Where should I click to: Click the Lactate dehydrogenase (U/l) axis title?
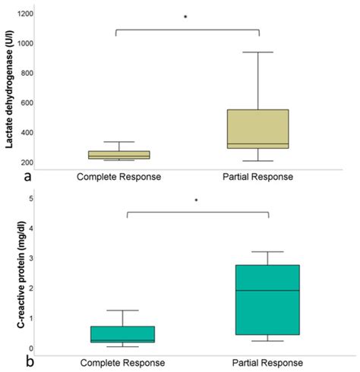(10, 87)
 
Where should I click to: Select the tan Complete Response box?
(129, 155)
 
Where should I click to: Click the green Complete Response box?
(132, 335)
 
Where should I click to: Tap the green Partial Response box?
(268, 300)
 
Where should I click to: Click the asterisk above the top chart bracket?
(185, 17)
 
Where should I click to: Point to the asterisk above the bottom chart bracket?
(196, 201)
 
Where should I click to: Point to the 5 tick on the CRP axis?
(30, 199)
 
